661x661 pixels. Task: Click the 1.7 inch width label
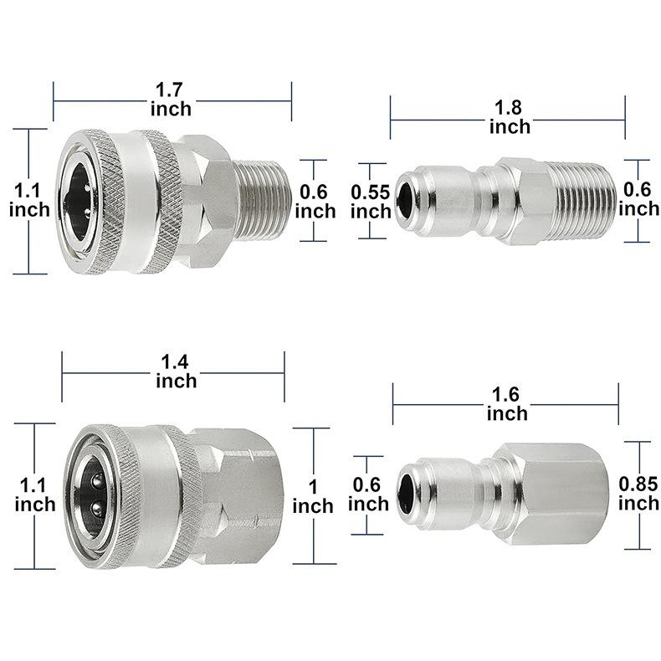[172, 100]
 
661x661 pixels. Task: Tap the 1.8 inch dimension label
[510, 117]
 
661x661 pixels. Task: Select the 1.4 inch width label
[177, 371]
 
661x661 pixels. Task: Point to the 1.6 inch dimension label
[507, 404]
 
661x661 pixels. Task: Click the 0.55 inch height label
[371, 202]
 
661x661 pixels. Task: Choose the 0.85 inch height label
[638, 493]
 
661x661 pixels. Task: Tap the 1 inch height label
[313, 497]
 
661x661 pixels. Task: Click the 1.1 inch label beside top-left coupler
[29, 200]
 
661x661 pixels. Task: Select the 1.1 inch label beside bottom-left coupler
[34, 494]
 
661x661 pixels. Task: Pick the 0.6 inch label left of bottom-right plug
[368, 494]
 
